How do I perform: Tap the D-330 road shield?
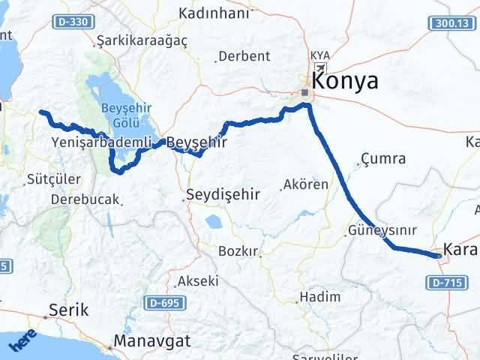[71, 22]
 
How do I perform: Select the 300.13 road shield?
[453, 24]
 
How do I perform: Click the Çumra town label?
[383, 159]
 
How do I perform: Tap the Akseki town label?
[198, 282]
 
